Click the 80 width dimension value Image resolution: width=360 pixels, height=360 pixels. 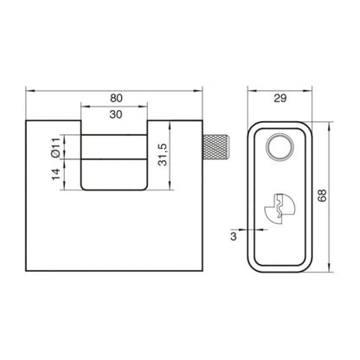pos(116,98)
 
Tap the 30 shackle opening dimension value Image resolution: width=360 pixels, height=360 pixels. pos(116,114)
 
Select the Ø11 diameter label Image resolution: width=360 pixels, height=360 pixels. pos(56,148)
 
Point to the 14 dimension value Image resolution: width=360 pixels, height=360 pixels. pos(56,174)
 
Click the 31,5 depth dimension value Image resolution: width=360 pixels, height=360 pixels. pos(163,155)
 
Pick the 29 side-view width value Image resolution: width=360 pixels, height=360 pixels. pos(280,99)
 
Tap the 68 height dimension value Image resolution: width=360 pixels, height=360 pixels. pos(322,196)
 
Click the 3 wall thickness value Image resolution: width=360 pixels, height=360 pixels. pos(234,236)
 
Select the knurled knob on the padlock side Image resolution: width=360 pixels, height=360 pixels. pos(216,147)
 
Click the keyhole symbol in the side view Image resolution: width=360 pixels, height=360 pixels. pos(280,209)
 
